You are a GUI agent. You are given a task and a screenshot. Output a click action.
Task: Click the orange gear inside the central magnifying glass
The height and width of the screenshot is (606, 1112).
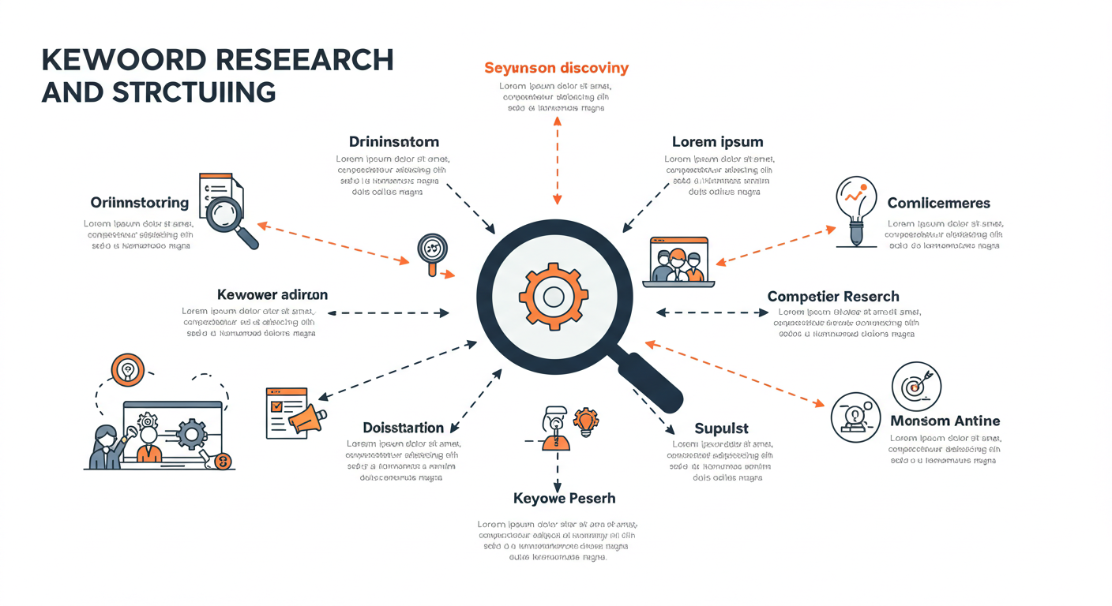tap(554, 297)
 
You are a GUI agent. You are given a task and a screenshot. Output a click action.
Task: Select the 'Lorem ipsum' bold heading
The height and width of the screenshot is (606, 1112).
tap(717, 142)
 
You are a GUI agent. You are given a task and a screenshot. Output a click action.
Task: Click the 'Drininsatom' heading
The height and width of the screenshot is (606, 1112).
tap(393, 142)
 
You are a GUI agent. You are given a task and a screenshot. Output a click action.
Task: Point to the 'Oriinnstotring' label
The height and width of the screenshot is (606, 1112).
tap(140, 203)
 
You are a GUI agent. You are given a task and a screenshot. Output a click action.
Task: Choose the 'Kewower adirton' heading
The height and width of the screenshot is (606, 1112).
tap(272, 294)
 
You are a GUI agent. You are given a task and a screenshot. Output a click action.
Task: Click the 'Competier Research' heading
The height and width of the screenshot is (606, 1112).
tap(832, 297)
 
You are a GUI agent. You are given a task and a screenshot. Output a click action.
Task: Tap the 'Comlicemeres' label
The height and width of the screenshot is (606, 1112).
tap(938, 204)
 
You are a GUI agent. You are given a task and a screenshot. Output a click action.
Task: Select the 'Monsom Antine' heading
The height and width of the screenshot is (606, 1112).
tap(945, 421)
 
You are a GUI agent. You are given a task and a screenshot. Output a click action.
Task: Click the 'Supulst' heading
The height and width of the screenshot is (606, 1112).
tap(721, 428)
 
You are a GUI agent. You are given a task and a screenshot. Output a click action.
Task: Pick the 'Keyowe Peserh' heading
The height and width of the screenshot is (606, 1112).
tap(564, 499)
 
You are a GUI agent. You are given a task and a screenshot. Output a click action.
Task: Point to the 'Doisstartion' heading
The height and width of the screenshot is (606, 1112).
tap(403, 428)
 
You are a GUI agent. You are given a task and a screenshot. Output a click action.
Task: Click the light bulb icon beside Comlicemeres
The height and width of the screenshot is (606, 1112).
tap(856, 209)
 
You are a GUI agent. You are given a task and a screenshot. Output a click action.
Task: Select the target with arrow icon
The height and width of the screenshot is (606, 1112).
tap(916, 387)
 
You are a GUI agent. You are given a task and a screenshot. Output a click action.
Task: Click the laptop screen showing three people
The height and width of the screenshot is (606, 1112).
tap(678, 261)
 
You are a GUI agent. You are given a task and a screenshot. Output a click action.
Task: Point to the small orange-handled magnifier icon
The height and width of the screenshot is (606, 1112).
tap(433, 253)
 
